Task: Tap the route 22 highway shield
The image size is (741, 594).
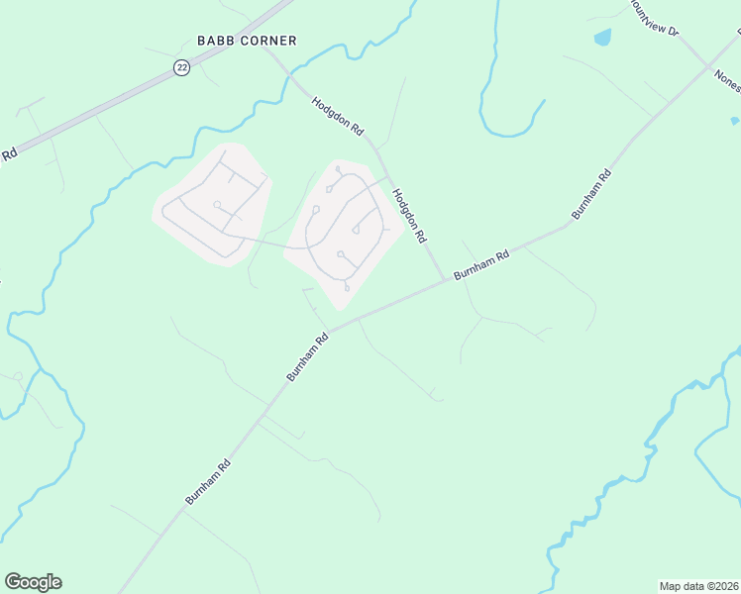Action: tap(180, 66)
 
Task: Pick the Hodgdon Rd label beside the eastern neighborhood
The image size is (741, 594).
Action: tap(408, 216)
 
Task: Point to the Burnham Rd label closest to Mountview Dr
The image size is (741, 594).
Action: tap(591, 194)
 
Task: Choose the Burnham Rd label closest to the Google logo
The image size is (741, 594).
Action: tap(208, 482)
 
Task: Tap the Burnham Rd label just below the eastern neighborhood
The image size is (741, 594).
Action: tap(307, 356)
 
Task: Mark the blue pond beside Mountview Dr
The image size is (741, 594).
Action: tap(602, 38)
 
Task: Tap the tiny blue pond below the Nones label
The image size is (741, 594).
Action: tap(735, 121)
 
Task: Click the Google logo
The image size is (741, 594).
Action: tap(33, 582)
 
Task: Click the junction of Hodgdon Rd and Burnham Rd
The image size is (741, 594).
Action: tap(445, 281)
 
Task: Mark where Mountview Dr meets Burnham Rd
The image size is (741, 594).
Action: tap(709, 65)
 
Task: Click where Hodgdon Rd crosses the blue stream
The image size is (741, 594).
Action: tap(288, 76)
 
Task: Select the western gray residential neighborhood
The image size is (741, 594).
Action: tap(211, 203)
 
